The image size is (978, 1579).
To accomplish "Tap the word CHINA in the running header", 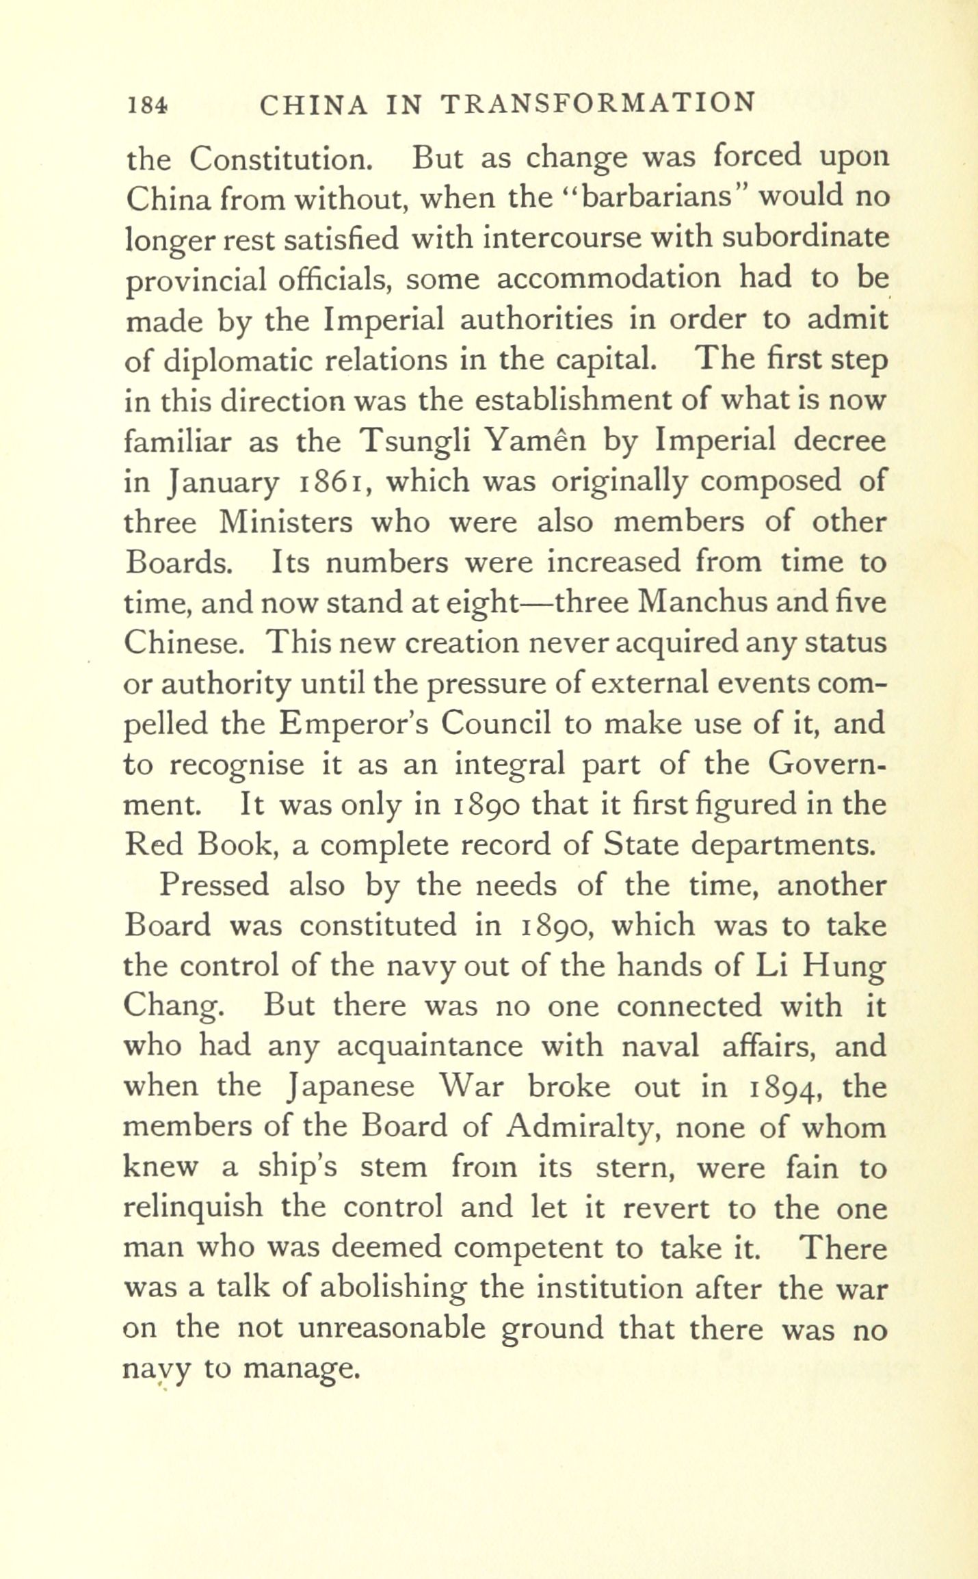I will click(x=315, y=105).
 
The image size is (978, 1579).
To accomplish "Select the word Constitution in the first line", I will click(x=281, y=159).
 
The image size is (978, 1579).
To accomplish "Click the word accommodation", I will click(x=609, y=278).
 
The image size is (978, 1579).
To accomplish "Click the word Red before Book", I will click(x=155, y=845).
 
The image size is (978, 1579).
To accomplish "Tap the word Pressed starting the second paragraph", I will click(x=214, y=886).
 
